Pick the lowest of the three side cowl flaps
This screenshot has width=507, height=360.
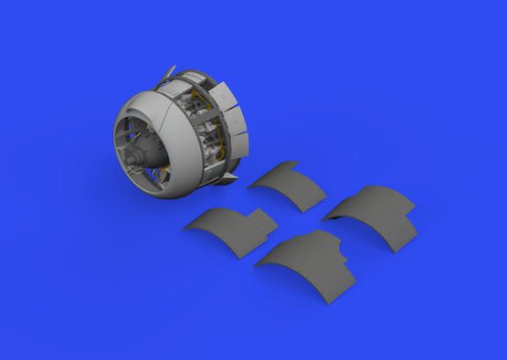tap(239, 141)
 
